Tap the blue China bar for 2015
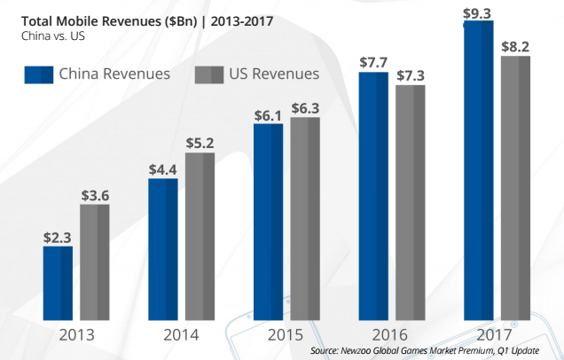[268, 221]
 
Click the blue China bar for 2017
[478, 168]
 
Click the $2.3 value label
[58, 237]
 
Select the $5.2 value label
[200, 142]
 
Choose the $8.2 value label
[515, 45]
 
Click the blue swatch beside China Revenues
[35, 74]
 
